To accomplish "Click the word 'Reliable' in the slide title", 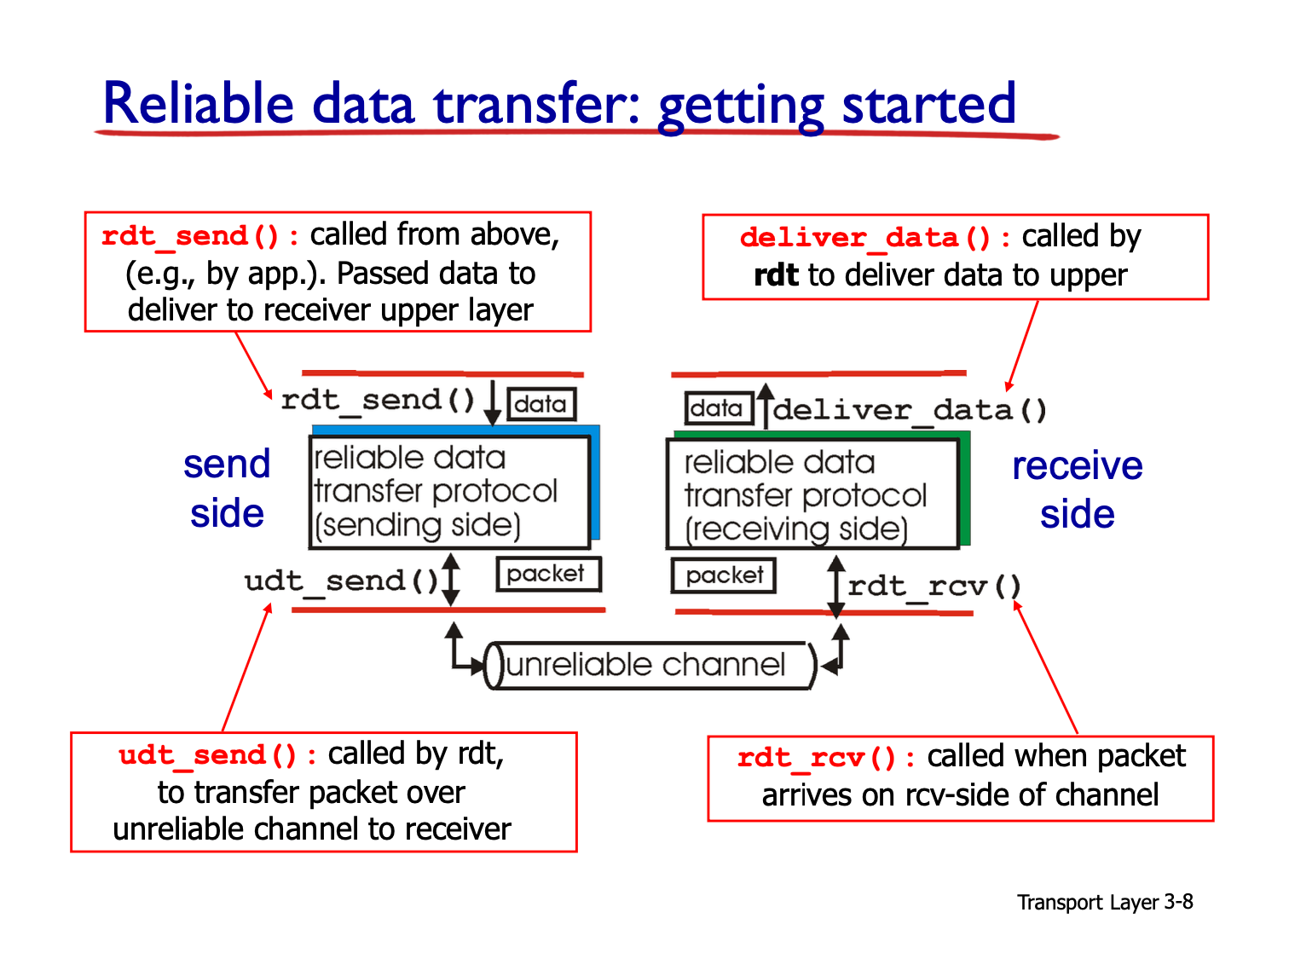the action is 198,102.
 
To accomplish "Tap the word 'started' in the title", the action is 928,103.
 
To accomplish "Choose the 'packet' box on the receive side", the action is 722,575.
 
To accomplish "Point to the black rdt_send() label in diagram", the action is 378,401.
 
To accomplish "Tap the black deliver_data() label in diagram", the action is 909,410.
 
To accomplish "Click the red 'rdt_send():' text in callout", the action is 200,236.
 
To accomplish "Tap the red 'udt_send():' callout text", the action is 217,755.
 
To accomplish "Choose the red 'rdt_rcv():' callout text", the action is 825,758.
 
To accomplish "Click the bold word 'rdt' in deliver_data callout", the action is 776,274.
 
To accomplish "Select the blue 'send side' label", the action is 227,488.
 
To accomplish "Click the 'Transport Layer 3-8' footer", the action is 1104,901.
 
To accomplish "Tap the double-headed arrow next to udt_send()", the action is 450,579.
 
